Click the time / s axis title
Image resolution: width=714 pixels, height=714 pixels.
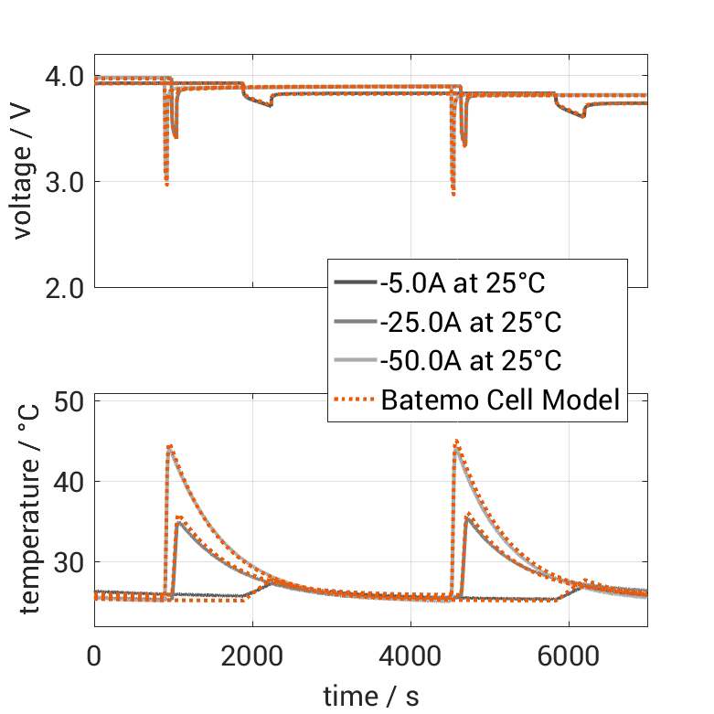click(x=371, y=697)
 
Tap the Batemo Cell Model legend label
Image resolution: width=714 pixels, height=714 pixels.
click(x=500, y=399)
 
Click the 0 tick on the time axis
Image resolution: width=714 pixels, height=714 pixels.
click(x=94, y=655)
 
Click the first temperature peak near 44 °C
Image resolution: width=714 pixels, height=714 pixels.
click(x=169, y=447)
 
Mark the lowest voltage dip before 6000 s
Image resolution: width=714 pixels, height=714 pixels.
click(x=453, y=193)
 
